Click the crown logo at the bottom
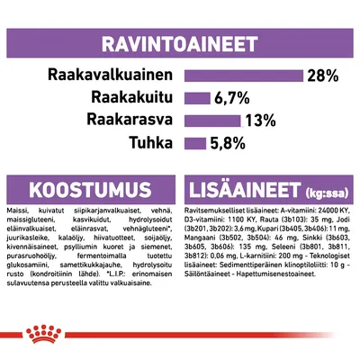click(x=180, y=338)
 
